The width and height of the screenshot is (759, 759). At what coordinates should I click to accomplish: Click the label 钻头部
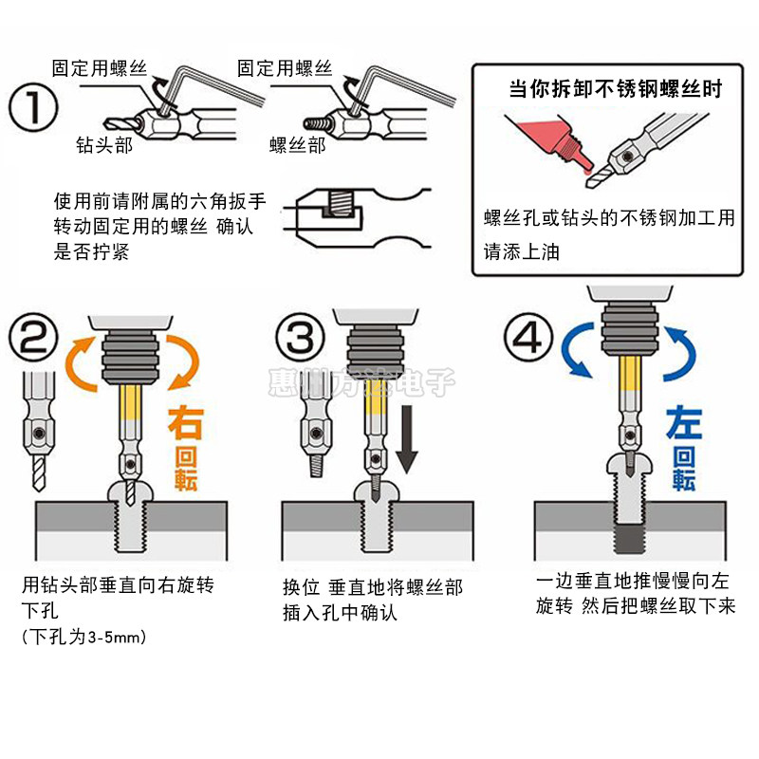tap(104, 146)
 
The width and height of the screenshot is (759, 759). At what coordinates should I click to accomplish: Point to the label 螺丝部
tap(297, 145)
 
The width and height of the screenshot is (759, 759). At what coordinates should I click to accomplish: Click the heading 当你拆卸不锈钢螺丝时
tap(615, 89)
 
